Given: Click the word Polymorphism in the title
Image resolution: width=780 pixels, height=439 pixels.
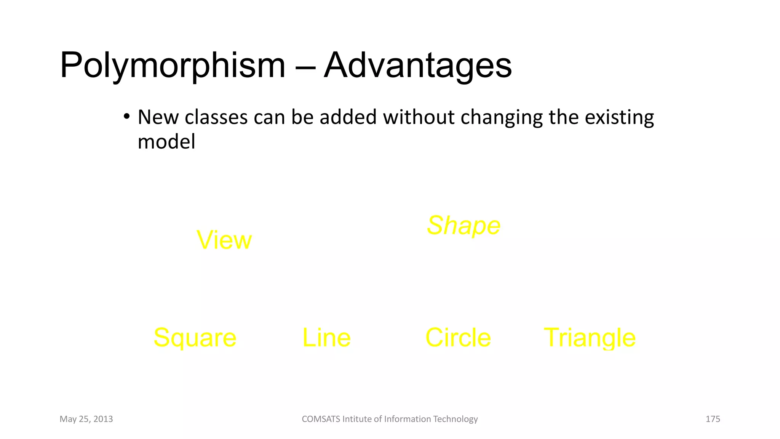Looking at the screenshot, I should (172, 66).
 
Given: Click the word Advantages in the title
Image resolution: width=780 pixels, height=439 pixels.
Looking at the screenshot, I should (418, 66).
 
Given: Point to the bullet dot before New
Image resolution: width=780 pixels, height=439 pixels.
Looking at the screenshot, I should (127, 116).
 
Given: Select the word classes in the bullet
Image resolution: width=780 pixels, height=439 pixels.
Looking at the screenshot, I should (216, 117).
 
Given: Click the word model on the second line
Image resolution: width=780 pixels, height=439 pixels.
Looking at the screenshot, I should (166, 142).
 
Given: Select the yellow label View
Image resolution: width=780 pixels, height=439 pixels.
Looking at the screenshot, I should (224, 240).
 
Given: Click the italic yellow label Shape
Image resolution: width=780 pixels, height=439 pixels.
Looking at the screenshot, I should (464, 226).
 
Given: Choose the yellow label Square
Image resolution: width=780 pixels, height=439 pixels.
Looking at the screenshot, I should (195, 338).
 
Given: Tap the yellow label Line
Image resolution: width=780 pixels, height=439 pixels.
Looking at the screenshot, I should (326, 338).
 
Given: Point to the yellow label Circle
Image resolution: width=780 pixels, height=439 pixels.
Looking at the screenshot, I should (458, 338).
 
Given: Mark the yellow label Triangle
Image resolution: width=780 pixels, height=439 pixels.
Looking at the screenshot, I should (590, 338).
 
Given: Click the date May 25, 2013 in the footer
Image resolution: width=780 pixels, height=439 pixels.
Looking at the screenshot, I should (86, 419).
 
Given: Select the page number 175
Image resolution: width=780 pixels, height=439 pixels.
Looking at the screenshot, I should (713, 419).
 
